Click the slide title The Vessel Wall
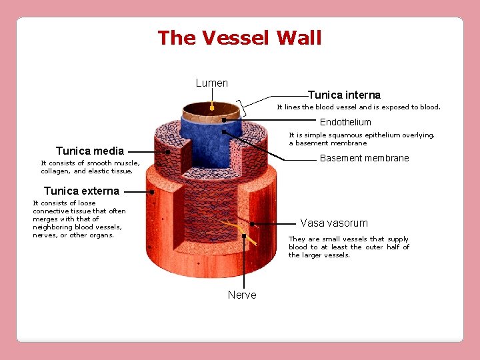(239, 38)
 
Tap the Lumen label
(212, 83)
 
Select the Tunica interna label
(344, 95)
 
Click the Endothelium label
(345, 122)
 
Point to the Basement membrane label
(364, 159)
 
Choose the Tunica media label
(90, 151)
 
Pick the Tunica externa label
(81, 191)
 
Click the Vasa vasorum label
(333, 223)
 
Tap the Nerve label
(242, 295)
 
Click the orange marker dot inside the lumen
(211, 107)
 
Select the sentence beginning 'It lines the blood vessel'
(359, 107)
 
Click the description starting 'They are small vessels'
(349, 247)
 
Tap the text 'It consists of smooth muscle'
(90, 167)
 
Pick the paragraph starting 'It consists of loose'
(79, 219)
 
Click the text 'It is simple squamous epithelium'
(361, 139)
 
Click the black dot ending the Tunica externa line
(152, 192)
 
